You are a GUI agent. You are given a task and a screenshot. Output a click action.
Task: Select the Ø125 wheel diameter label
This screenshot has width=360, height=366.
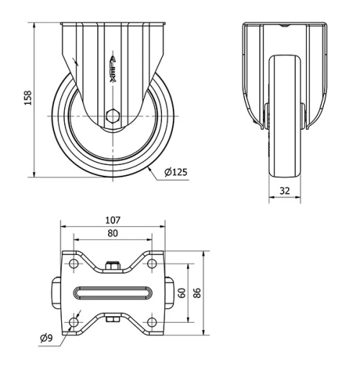point(176,173)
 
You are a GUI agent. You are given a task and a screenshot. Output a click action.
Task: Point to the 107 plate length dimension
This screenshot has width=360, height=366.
point(112,220)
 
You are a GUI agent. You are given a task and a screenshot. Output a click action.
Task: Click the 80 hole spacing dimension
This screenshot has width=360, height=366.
point(112,233)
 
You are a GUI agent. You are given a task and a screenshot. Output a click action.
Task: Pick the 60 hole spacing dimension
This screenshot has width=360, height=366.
point(181,293)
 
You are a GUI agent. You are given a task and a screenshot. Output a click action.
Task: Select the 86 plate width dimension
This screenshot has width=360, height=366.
point(199,293)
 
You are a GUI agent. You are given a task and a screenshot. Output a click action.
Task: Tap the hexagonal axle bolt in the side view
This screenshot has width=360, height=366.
point(112,115)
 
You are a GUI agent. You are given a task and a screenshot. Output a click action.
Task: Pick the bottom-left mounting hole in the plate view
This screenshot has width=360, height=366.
point(74,321)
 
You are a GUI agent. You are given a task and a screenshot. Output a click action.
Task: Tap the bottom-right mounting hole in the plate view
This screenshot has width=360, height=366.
point(151,321)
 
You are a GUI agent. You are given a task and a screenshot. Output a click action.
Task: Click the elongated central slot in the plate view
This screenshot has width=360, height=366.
point(112,293)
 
